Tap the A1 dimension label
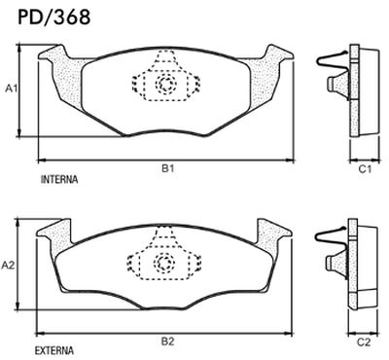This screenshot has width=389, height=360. point(13,89)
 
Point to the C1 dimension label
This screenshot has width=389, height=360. point(362,169)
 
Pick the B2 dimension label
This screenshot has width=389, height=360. point(167,342)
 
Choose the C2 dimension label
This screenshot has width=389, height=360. point(362,342)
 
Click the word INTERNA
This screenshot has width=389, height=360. point(59,182)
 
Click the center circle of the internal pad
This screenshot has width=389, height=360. point(165,86)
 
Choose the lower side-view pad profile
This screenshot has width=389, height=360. point(366,265)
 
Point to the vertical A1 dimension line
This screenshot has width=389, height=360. point(22,93)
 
